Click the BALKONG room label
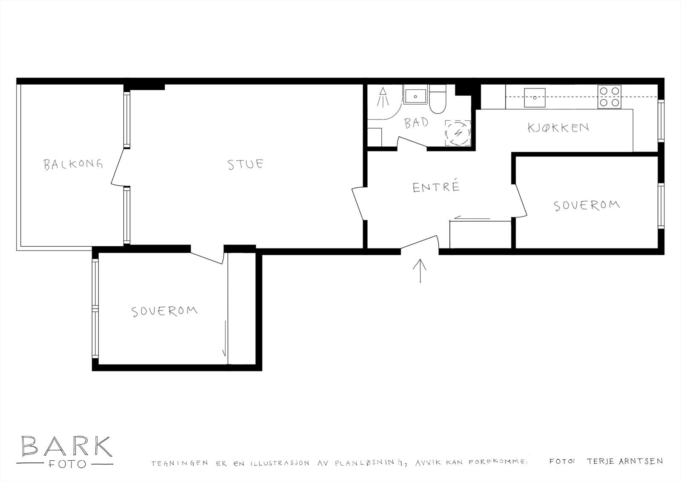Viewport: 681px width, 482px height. pos(73,164)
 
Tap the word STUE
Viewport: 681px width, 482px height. pos(246,164)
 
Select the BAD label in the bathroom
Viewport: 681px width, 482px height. pos(416,124)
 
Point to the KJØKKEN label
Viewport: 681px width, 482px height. pos(558,127)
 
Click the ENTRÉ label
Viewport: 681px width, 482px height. pos(436,187)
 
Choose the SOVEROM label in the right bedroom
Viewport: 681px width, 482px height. pos(586,205)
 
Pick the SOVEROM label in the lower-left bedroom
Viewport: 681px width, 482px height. pos(164,311)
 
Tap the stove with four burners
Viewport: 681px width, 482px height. pos(609,97)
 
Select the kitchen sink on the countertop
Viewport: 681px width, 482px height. pos(535,97)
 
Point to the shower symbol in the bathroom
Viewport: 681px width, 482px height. pos(383,97)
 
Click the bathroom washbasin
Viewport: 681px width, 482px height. pos(415,96)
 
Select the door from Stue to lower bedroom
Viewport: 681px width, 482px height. pos(207,255)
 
